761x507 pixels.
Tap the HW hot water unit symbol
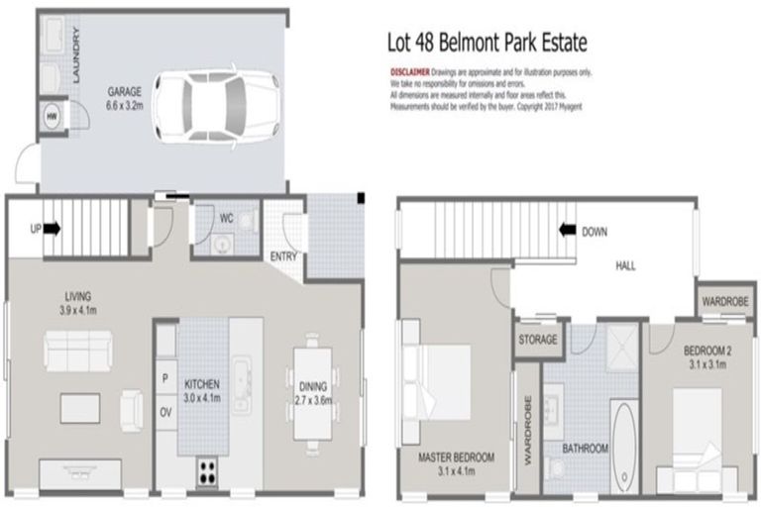(51, 115)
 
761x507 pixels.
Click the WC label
(226, 218)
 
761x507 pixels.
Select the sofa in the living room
(79, 351)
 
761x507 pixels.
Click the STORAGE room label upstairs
(537, 340)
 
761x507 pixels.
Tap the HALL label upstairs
(626, 265)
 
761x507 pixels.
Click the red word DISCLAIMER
(408, 72)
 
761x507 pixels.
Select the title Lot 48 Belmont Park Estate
(486, 44)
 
